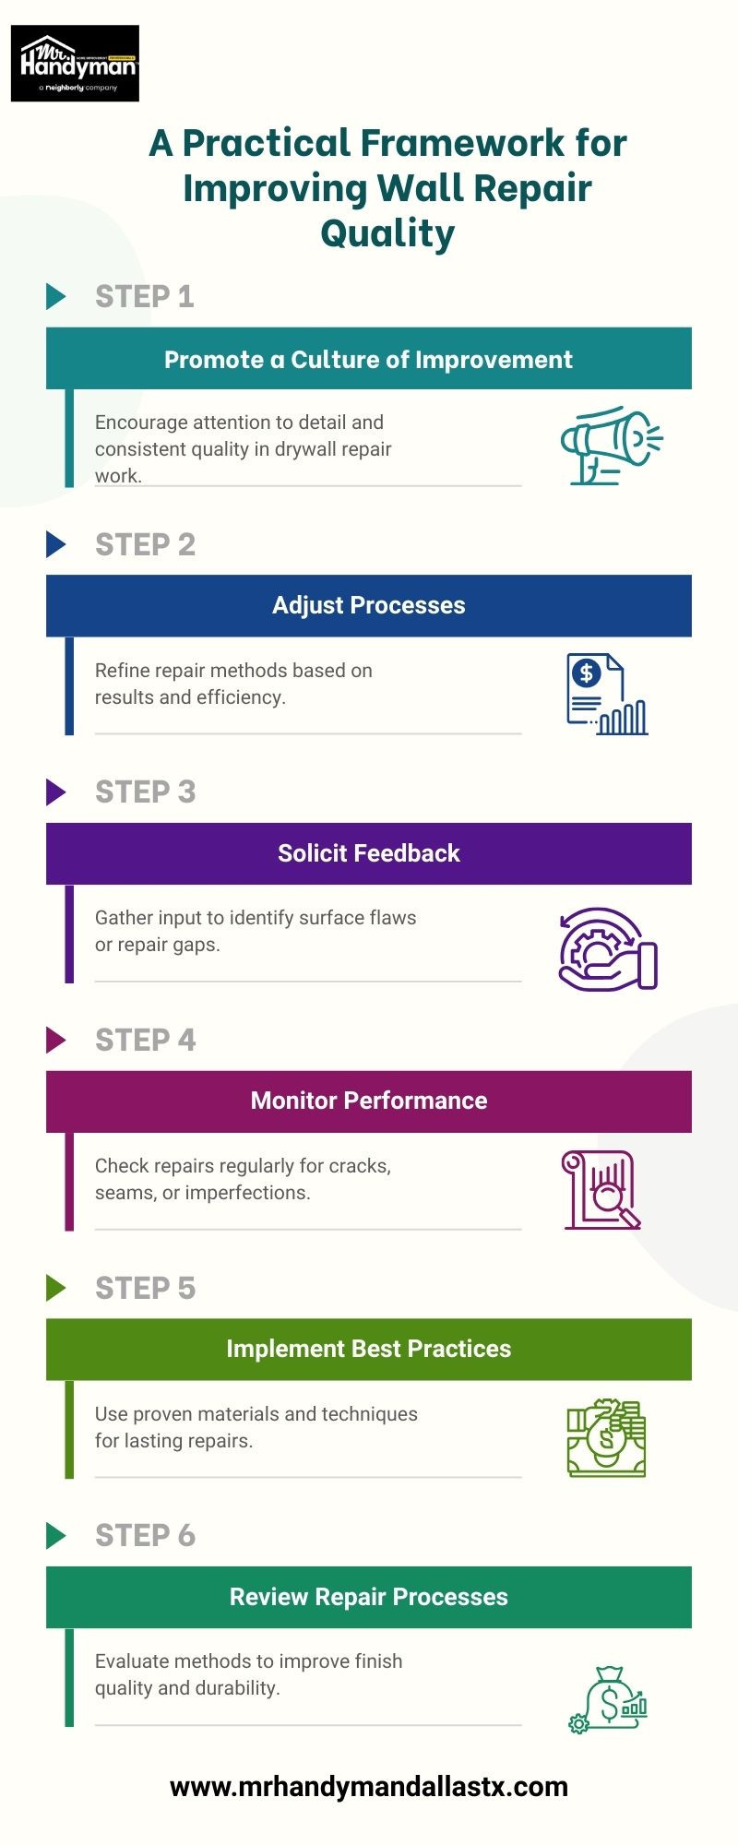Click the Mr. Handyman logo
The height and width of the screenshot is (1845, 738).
[75, 64]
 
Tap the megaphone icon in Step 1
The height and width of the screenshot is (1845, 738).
[612, 446]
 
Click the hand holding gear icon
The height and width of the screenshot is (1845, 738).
[608, 949]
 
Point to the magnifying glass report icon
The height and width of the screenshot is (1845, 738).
[601, 1189]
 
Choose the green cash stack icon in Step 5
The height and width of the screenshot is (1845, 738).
[606, 1438]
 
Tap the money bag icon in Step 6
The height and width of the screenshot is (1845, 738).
[608, 1699]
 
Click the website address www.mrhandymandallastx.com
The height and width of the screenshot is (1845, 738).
[369, 1787]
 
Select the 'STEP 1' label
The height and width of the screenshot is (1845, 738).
[145, 296]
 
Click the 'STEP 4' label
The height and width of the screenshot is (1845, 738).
[145, 1040]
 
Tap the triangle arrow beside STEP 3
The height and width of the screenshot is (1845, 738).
[56, 792]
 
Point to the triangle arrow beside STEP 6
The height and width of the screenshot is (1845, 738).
[56, 1535]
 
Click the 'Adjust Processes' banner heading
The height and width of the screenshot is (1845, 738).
[369, 605]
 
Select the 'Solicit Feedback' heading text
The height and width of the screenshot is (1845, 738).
[369, 853]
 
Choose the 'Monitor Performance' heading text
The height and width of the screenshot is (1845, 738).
[369, 1101]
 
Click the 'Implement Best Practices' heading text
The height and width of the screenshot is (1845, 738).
[369, 1349]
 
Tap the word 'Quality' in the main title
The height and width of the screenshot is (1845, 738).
[387, 234]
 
